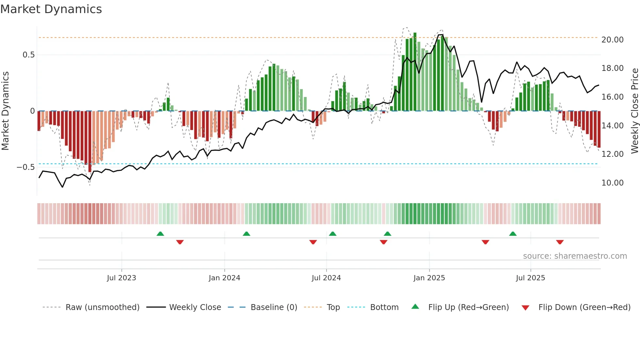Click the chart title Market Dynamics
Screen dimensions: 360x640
[51, 9]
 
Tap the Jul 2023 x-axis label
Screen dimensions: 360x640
[121, 278]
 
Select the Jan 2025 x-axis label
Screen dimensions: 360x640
[429, 278]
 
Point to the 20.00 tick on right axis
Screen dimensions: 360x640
[612, 40]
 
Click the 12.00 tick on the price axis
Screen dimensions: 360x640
[612, 154]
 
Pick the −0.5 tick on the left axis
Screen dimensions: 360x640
[26, 167]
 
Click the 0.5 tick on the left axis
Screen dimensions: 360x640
[29, 55]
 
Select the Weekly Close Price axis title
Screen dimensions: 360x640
[634, 111]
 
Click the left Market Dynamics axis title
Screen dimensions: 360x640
[6, 111]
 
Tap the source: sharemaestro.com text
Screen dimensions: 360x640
[575, 256]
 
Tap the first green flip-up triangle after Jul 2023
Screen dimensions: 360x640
[160, 234]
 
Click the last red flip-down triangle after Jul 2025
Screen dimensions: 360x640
[560, 242]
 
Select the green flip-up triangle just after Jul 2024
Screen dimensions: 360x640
[332, 234]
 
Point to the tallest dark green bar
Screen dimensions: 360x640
[415, 72]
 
